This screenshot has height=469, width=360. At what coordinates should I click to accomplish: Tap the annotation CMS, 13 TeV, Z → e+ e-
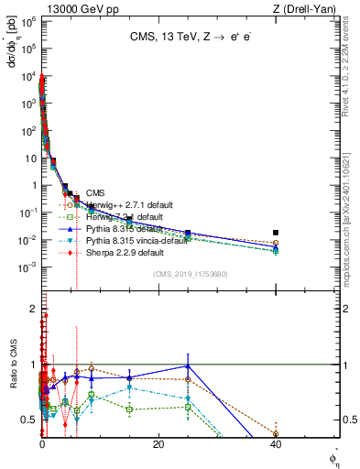[181, 38]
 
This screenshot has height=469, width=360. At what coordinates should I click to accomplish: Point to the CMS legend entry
[95, 193]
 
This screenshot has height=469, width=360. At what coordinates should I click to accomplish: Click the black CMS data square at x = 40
[276, 233]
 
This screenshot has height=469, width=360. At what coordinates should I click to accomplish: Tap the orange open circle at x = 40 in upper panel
[276, 243]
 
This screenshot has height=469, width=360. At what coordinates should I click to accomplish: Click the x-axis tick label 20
[158, 444]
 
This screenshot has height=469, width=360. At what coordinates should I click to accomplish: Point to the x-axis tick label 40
[276, 444]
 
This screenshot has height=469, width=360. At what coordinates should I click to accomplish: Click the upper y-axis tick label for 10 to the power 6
[28, 20]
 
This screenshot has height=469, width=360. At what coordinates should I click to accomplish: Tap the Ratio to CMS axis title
[12, 377]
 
